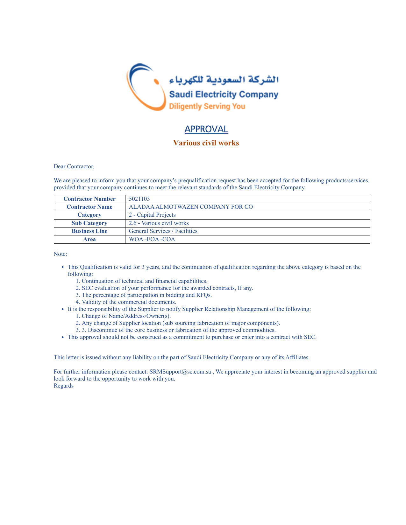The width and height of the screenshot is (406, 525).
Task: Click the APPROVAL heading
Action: pyautogui.click(x=206, y=129)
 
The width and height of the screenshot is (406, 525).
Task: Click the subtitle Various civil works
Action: pyautogui.click(x=206, y=143)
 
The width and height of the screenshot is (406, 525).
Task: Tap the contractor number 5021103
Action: pyautogui.click(x=139, y=199)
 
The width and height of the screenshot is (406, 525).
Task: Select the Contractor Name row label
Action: pyautogui.click(x=89, y=207)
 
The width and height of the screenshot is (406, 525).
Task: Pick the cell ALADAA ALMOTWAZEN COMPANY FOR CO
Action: pyautogui.click(x=191, y=207)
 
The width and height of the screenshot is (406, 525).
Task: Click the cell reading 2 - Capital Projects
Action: pyautogui.click(x=152, y=215)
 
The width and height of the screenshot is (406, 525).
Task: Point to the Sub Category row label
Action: pyautogui.click(x=89, y=223)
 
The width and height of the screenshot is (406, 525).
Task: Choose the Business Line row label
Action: pyautogui.click(x=89, y=231)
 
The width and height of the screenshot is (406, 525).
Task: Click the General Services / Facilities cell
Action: pyautogui.click(x=163, y=231)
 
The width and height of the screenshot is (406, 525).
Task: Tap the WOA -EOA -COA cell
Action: pyautogui.click(x=152, y=239)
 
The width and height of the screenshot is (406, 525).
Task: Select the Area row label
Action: pyautogui.click(x=89, y=239)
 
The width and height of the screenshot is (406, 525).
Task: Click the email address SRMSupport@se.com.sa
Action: pyautogui.click(x=180, y=372)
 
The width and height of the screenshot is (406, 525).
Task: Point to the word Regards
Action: pyautogui.click(x=64, y=386)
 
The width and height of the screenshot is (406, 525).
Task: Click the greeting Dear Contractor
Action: pyautogui.click(x=74, y=166)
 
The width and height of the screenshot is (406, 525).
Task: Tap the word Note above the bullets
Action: pyautogui.click(x=60, y=254)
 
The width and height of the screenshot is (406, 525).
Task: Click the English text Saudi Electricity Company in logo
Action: pyautogui.click(x=224, y=94)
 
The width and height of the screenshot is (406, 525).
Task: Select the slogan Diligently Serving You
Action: pyautogui.click(x=207, y=106)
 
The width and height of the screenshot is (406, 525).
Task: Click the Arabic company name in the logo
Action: pyautogui.click(x=224, y=80)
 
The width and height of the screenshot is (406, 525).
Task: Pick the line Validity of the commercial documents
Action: pyautogui.click(x=129, y=302)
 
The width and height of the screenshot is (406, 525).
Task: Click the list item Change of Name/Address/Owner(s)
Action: pyautogui.click(x=126, y=316)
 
